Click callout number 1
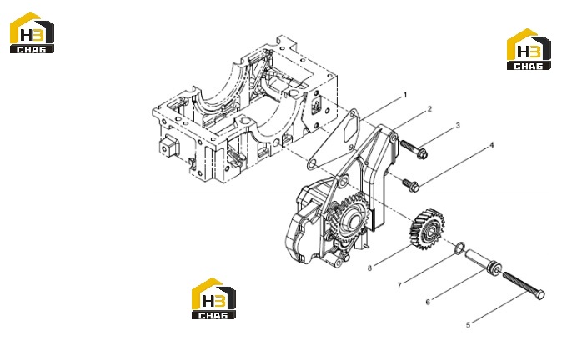(405, 95)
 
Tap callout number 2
(429, 109)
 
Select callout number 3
(458, 126)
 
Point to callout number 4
(491, 145)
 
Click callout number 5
(469, 325)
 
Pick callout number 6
(428, 302)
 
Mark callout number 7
(399, 285)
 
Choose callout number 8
(369, 267)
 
